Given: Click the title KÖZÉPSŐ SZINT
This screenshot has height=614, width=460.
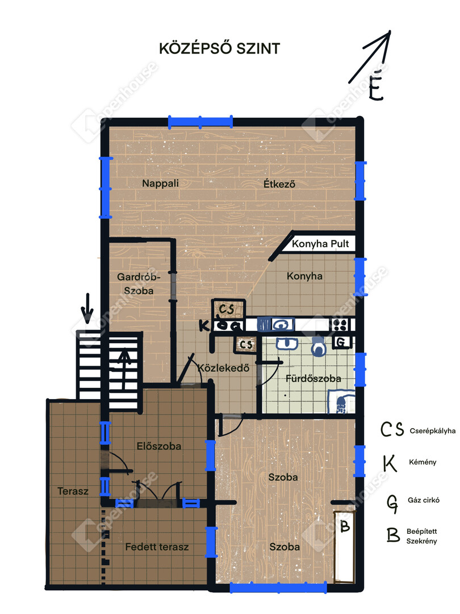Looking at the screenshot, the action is pyautogui.click(x=219, y=48).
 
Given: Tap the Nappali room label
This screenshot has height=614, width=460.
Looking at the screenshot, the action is pyautogui.click(x=160, y=183).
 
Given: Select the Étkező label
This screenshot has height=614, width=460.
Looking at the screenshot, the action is pyautogui.click(x=279, y=184).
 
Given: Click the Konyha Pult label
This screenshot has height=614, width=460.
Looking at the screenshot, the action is pyautogui.click(x=320, y=243).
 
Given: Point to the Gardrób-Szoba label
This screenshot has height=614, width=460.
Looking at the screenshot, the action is pyautogui.click(x=139, y=284).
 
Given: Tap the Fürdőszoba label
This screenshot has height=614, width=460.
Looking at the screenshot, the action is pyautogui.click(x=313, y=379).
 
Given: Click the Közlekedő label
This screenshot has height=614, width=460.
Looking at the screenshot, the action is pyautogui.click(x=223, y=368).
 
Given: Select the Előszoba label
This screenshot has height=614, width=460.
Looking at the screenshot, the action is pyautogui.click(x=159, y=446).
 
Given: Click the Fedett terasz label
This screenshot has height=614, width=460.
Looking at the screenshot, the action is pyautogui.click(x=157, y=547).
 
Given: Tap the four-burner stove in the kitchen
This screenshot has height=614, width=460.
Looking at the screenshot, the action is pyautogui.click(x=340, y=325).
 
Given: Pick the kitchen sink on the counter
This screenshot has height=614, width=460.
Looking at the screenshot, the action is pyautogui.click(x=282, y=325).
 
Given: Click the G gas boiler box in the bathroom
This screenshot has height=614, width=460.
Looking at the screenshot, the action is pyautogui.click(x=341, y=343).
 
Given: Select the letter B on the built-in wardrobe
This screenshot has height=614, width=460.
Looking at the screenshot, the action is pyautogui.click(x=345, y=526).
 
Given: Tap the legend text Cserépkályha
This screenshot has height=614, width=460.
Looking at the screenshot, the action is pyautogui.click(x=433, y=431).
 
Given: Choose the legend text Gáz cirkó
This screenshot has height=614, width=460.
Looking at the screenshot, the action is pyautogui.click(x=424, y=500).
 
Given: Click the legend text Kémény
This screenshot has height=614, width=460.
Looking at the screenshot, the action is pyautogui.click(x=423, y=462).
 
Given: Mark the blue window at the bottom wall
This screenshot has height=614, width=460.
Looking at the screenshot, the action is pyautogui.click(x=278, y=587).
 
